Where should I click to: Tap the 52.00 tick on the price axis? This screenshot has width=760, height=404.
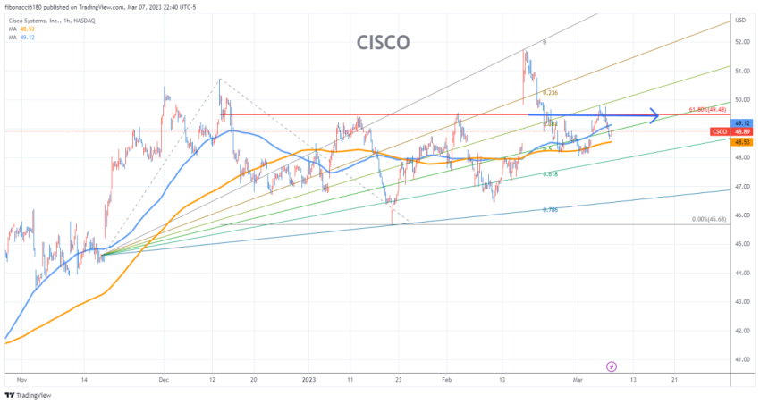pyautogui.click(x=741, y=42)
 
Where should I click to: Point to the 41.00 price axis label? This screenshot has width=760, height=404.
pyautogui.click(x=741, y=359)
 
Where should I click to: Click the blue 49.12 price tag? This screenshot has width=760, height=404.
pyautogui.click(x=741, y=123)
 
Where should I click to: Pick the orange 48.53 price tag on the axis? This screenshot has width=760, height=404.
pyautogui.click(x=741, y=141)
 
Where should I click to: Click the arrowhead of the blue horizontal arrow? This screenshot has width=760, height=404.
pyautogui.click(x=655, y=115)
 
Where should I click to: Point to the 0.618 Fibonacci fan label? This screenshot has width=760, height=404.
pyautogui.click(x=551, y=174)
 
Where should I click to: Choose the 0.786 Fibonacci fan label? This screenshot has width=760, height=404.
pyautogui.click(x=551, y=209)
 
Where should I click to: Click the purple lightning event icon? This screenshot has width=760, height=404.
pyautogui.click(x=612, y=366)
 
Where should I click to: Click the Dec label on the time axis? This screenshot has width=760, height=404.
pyautogui.click(x=164, y=378)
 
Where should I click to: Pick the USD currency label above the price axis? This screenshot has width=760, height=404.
pyautogui.click(x=740, y=20)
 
